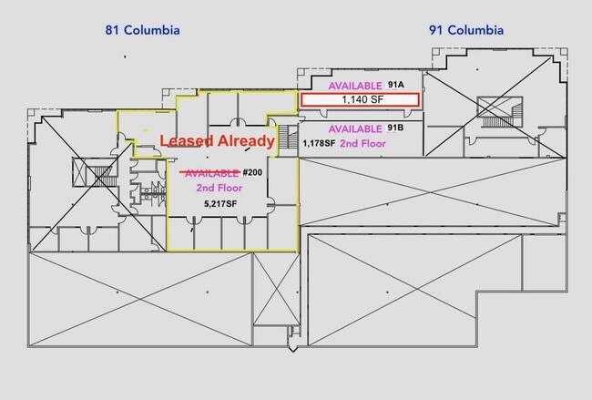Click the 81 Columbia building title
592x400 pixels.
coord(141,30)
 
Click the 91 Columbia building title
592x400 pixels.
coord(465,30)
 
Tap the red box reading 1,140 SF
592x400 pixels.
coord(361,98)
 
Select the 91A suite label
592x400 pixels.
coord(395,85)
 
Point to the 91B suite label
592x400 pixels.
coord(395,128)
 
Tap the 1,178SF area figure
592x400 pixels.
coord(319,144)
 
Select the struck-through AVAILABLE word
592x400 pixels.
coord(211,172)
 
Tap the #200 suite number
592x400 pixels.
coord(252,172)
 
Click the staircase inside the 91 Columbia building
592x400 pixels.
coord(497,111)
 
